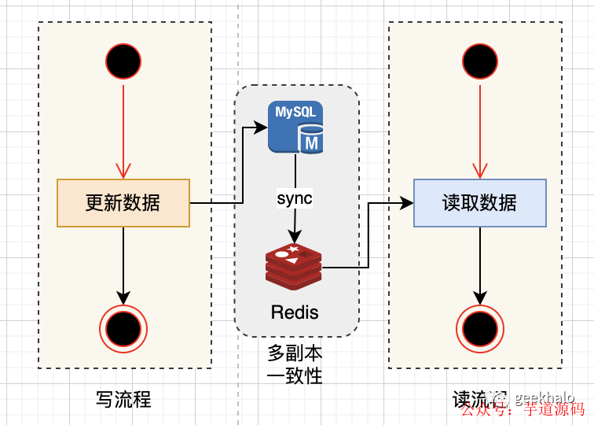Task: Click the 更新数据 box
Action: point(123,203)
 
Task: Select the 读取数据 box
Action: point(479,203)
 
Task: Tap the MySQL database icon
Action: point(295,127)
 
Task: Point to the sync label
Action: point(295,198)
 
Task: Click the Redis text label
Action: point(295,312)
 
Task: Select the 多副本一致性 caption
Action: point(295,364)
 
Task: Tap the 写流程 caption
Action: point(123,400)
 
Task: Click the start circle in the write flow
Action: point(123,61)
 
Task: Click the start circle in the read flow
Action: point(480,61)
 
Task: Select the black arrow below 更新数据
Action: point(123,264)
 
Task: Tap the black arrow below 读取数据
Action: point(480,264)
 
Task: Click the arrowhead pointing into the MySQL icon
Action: point(259,127)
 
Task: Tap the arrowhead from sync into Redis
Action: point(295,236)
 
